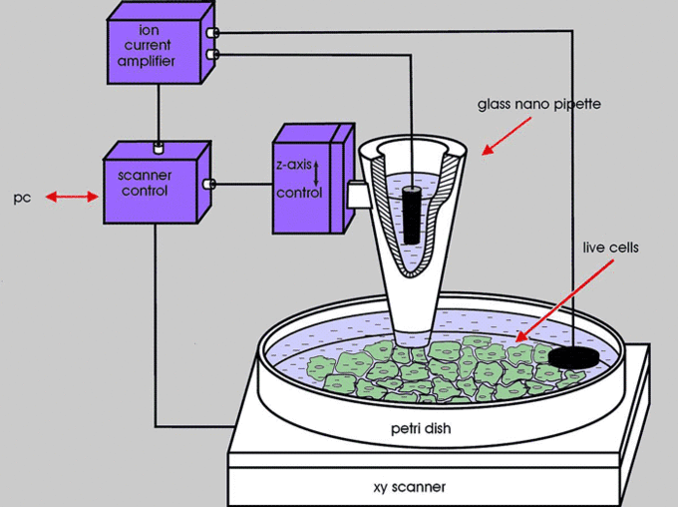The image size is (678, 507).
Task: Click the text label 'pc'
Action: pyautogui.click(x=22, y=198)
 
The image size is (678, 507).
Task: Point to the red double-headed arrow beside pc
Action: pyautogui.click(x=70, y=198)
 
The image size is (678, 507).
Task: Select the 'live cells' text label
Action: pyautogui.click(x=610, y=246)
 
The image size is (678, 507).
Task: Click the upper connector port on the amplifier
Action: pyautogui.click(x=212, y=33)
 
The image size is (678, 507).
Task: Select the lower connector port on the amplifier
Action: pyautogui.click(x=212, y=54)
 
